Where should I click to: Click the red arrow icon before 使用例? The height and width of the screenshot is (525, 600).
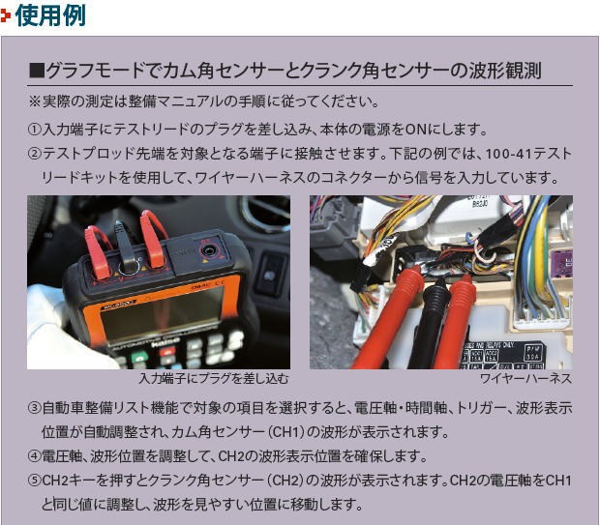coord(8,15)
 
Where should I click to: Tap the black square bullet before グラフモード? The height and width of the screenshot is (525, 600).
coord(38,72)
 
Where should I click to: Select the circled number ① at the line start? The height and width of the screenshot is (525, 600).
coord(35,130)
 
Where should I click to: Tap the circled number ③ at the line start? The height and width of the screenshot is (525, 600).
coord(35,408)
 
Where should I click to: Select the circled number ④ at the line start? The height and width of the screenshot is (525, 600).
coord(35,456)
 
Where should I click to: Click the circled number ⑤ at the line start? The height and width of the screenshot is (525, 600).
coord(35,481)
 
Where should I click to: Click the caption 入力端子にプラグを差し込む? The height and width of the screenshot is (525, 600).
coord(213,379)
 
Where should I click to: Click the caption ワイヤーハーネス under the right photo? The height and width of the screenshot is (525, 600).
coord(534,379)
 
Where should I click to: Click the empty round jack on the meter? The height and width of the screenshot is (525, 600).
coord(206,252)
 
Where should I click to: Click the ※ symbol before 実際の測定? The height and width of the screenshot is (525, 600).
coord(35,101)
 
